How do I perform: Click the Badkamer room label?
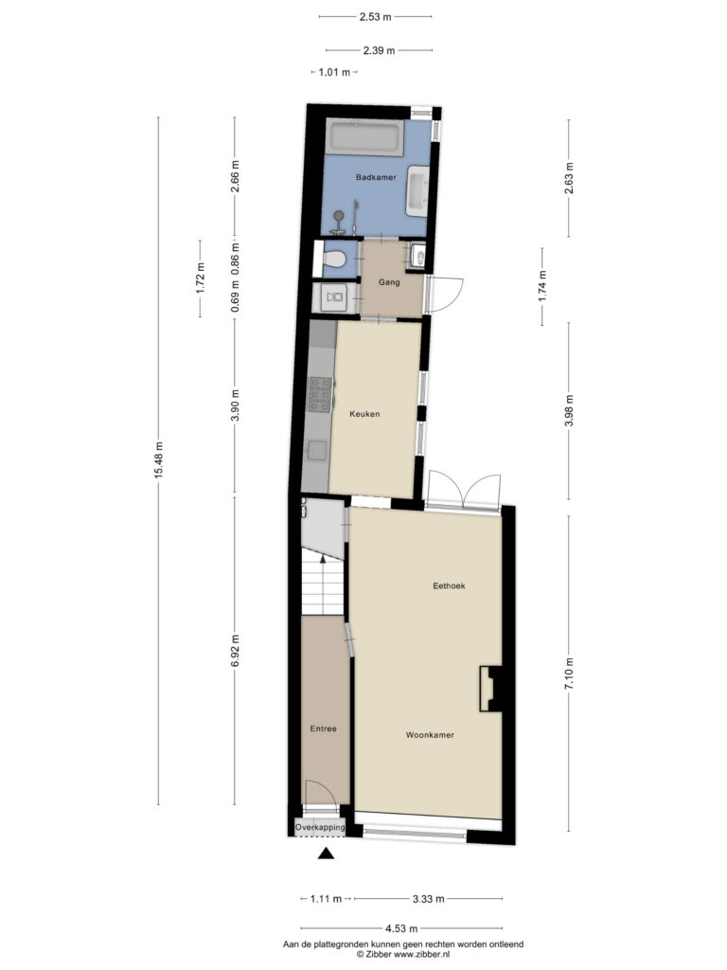[x=376, y=177]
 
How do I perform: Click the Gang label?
[x=389, y=282]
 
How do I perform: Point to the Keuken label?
[x=364, y=414]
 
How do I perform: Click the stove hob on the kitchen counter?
[x=320, y=394]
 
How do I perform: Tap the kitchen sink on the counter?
[x=318, y=450]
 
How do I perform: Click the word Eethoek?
[x=449, y=585]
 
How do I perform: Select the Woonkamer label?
[x=430, y=735]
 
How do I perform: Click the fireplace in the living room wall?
[x=491, y=689]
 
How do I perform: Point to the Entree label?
[x=324, y=728]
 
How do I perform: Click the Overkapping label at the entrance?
[x=320, y=827]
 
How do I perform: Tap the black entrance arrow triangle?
[x=326, y=853]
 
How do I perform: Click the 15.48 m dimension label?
[x=159, y=460]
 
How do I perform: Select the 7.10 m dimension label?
[x=569, y=674]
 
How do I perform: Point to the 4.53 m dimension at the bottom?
[x=401, y=928]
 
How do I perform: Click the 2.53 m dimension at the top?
[x=375, y=17]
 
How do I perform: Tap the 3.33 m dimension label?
[x=428, y=899]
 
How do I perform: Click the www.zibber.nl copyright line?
[x=403, y=955]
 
